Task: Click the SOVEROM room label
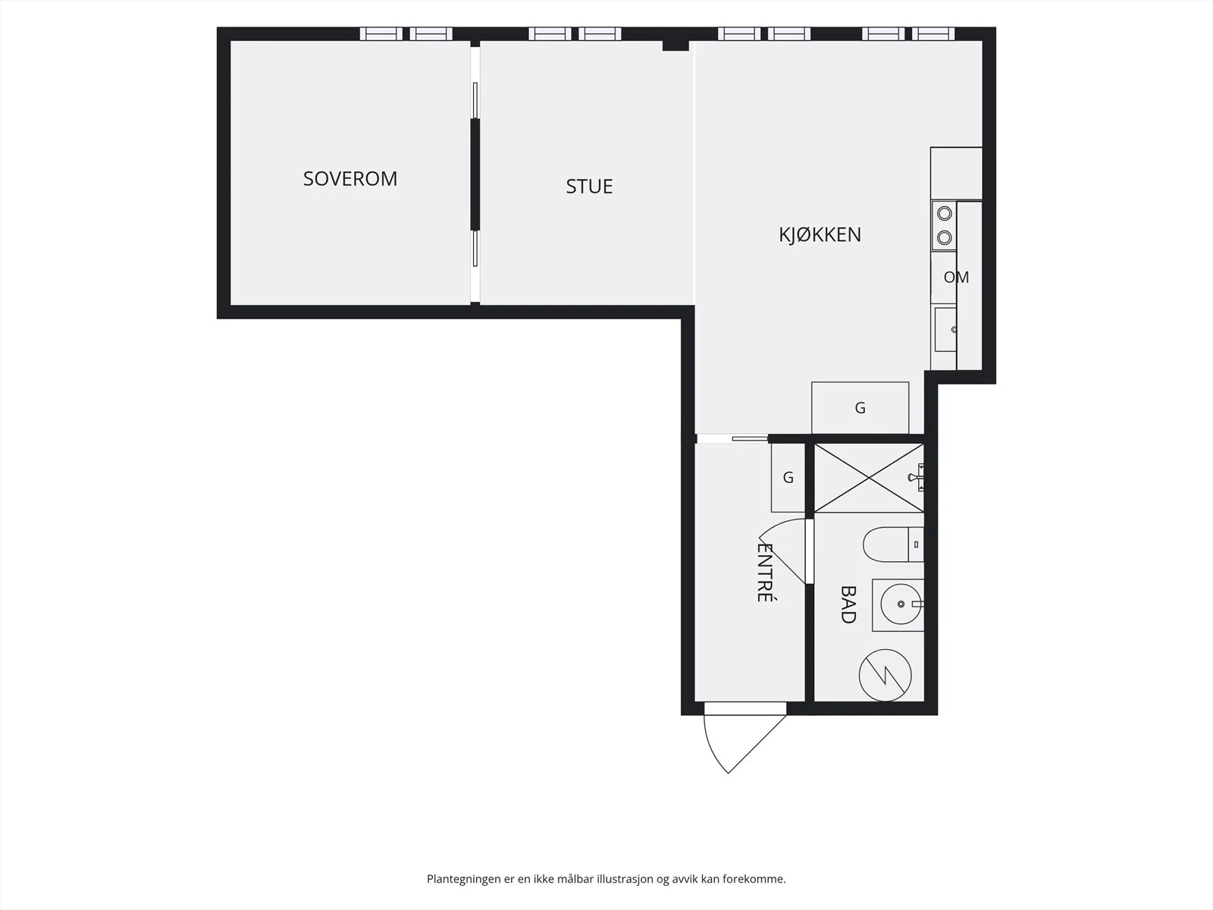click(x=350, y=178)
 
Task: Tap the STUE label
click(x=589, y=187)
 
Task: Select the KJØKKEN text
click(x=820, y=235)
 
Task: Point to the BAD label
click(x=848, y=604)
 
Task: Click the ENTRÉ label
click(x=764, y=573)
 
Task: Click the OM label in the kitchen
click(x=956, y=277)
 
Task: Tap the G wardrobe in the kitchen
click(x=860, y=408)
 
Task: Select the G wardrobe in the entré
click(x=788, y=478)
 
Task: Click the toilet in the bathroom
click(x=893, y=544)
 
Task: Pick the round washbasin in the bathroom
click(x=901, y=604)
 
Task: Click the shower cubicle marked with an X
click(x=869, y=478)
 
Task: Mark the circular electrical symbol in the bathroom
click(x=885, y=675)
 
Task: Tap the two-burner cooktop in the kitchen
click(x=944, y=225)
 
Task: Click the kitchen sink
click(x=945, y=329)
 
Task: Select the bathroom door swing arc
click(x=782, y=549)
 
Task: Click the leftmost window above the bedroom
click(x=381, y=33)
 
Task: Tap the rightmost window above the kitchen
click(x=933, y=33)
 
